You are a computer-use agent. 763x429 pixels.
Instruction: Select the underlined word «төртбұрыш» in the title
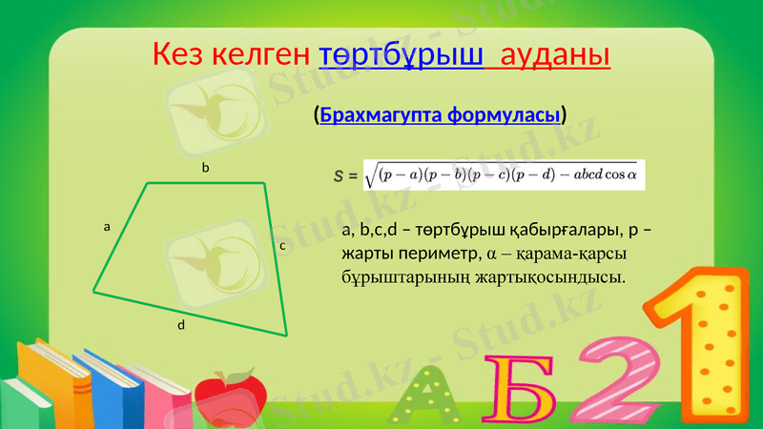(401, 54)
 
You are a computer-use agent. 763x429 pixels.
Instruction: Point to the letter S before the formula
(339, 176)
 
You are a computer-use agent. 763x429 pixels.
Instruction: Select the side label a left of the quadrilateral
(107, 228)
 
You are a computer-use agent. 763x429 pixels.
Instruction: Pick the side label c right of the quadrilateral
(282, 246)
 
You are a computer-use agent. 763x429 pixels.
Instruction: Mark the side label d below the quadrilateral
(180, 326)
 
